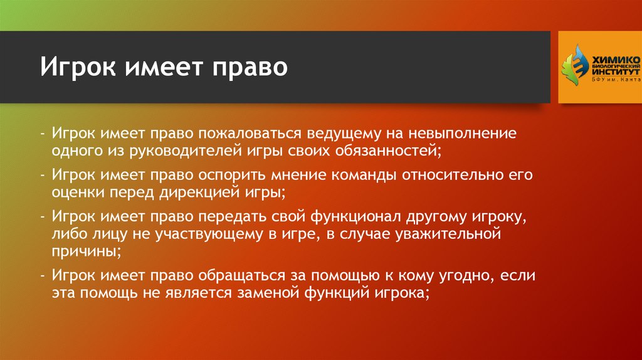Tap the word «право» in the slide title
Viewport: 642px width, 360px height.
point(250,67)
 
